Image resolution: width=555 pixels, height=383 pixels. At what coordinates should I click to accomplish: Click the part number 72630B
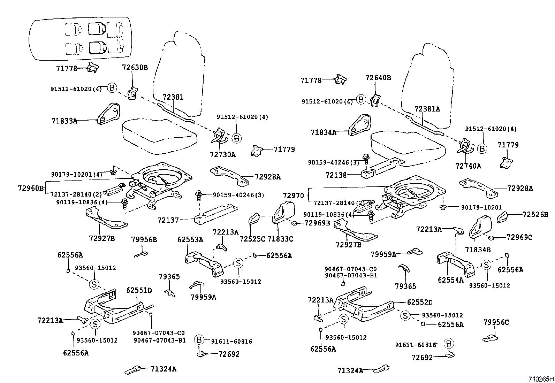pyautogui.click(x=135, y=67)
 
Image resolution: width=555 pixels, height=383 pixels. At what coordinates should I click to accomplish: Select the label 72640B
pyautogui.click(x=378, y=78)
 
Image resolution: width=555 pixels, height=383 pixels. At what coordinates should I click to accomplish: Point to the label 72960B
pyautogui.click(x=31, y=189)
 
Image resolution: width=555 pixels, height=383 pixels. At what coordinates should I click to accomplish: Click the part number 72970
pyautogui.click(x=293, y=196)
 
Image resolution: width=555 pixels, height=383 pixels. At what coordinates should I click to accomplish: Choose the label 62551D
pyautogui.click(x=139, y=290)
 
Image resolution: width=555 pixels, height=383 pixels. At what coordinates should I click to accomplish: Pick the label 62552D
pyautogui.click(x=420, y=302)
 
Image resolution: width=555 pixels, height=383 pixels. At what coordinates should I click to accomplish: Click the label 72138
pyautogui.click(x=336, y=175)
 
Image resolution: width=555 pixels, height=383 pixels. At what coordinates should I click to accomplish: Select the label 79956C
pyautogui.click(x=496, y=322)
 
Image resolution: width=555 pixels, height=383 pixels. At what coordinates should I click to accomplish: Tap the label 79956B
pyautogui.click(x=144, y=239)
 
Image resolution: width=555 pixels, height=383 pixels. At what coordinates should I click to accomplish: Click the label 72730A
pyautogui.click(x=223, y=154)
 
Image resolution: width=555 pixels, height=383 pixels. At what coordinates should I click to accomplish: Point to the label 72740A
pyautogui.click(x=468, y=166)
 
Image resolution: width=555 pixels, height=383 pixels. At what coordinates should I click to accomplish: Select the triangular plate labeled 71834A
pyautogui.click(x=359, y=124)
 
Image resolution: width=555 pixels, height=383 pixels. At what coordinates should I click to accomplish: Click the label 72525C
pyautogui.click(x=252, y=239)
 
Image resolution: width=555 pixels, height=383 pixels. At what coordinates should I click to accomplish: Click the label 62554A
pyautogui.click(x=451, y=279)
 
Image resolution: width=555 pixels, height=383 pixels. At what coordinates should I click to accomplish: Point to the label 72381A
pyautogui.click(x=427, y=109)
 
